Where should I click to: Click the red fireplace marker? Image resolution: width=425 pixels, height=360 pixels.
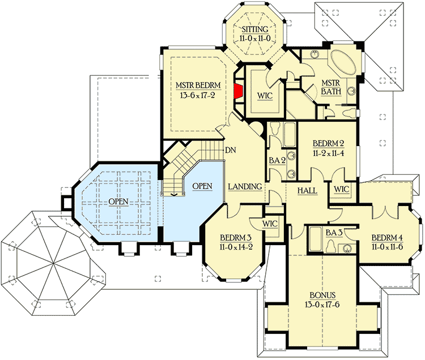click(239, 91)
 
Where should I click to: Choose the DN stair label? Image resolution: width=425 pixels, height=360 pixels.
click(231, 151)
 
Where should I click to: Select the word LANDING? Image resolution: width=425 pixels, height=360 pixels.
click(245, 186)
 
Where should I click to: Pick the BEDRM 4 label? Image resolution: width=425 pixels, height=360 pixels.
click(386, 237)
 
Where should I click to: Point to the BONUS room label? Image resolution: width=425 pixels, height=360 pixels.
click(322, 295)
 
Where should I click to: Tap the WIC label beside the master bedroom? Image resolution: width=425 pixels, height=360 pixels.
click(265, 95)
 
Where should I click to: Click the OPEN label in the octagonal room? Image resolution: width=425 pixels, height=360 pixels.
click(119, 202)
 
